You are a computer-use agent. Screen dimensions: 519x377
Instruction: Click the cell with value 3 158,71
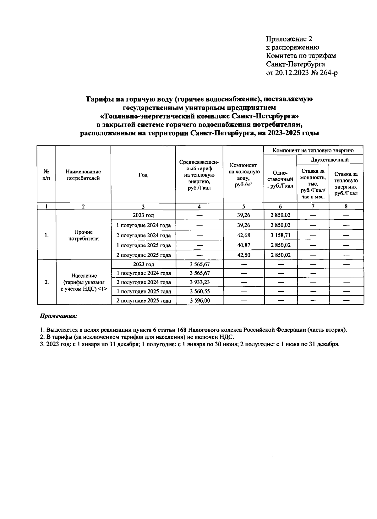(x=280, y=235)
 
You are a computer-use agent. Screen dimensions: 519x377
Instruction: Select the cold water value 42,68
(x=243, y=235)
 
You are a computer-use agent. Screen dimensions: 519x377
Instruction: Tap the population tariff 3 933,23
(x=199, y=282)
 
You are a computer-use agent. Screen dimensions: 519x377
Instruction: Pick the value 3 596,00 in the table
(x=199, y=301)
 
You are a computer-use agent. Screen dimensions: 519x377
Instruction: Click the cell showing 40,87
(x=243, y=245)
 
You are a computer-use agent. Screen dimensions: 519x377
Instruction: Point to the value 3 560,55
(x=199, y=292)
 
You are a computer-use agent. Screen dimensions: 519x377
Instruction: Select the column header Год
(x=143, y=175)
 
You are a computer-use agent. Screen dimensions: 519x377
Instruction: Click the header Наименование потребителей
(x=83, y=175)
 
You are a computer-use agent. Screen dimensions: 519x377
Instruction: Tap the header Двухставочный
(x=330, y=160)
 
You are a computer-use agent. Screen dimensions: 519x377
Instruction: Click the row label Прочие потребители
(x=83, y=235)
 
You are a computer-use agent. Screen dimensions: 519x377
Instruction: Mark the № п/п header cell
(x=46, y=175)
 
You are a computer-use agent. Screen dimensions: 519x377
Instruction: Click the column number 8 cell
(x=346, y=206)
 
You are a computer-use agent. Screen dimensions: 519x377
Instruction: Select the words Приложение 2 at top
(x=289, y=39)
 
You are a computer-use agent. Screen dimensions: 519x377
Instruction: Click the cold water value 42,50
(x=243, y=255)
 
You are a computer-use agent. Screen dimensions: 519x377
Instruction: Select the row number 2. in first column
(x=46, y=282)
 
